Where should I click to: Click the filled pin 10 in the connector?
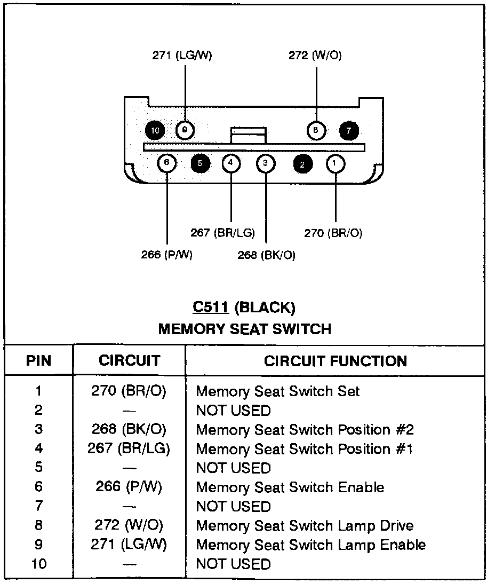tap(155, 130)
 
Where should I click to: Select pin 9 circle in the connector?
tap(185, 129)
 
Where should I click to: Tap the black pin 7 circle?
tap(349, 130)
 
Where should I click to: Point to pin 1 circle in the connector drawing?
tap(335, 163)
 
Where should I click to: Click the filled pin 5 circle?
tap(200, 163)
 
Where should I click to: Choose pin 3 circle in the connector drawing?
tap(266, 163)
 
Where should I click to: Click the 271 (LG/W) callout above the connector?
tap(182, 56)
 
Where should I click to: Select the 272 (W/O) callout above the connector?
tap(315, 56)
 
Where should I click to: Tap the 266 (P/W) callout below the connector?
tap(166, 255)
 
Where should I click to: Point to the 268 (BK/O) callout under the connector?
tap(266, 255)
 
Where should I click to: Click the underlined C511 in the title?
tap(211, 308)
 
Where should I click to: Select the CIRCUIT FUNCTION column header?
tap(335, 361)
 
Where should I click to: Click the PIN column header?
tap(39, 361)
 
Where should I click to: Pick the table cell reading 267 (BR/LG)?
tap(129, 449)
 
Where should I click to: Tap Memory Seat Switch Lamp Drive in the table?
tap(305, 526)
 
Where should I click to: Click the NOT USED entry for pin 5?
tap(234, 468)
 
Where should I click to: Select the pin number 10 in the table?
tap(39, 564)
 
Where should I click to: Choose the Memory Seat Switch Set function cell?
tap(278, 391)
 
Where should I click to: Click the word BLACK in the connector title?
tap(265, 308)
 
